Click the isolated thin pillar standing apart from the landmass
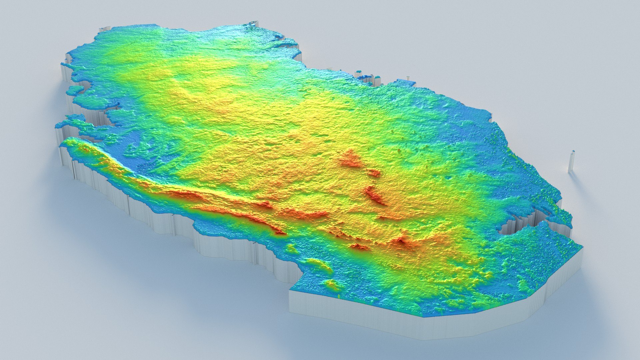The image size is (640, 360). pos(571,162)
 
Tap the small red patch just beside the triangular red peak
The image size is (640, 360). pos(374,173)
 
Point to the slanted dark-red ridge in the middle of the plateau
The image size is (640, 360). pos(375,196)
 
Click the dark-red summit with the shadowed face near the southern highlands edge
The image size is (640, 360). pos(404,241)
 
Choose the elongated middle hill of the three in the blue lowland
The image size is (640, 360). pos(318,265)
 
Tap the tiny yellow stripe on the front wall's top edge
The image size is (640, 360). pos(339,296)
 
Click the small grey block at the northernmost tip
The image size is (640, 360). pos(253,23)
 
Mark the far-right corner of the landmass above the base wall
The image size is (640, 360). pos(582,248)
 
